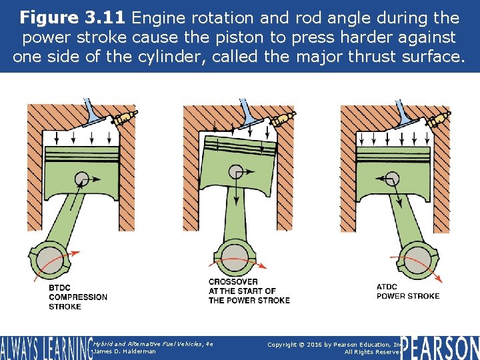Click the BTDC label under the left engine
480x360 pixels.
point(60,287)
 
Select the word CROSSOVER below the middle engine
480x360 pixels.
point(233,282)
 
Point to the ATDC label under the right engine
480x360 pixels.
point(388,287)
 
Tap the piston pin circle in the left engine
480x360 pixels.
point(82,179)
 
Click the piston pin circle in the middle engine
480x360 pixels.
point(237,171)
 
